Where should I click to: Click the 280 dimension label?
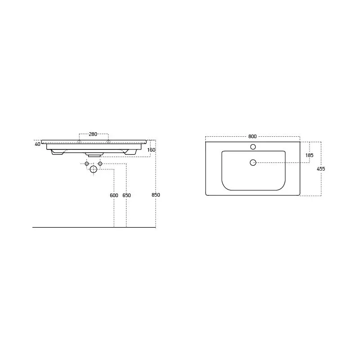coord(93,134)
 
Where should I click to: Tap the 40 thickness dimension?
coord(37,144)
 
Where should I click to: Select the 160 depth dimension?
coord(151,150)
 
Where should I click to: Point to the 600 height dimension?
coord(114,195)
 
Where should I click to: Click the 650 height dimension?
coord(126,195)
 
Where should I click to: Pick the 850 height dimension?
coord(156,195)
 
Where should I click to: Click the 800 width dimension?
coord(252,136)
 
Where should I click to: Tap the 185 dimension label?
coord(309,155)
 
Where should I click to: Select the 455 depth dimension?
coord(321,169)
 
